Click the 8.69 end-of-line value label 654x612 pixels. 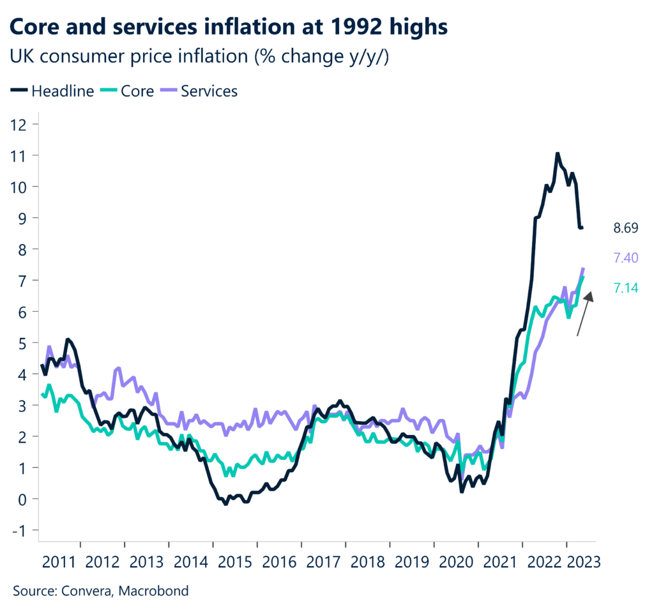[x=626, y=228]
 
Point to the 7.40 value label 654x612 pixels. [x=626, y=258]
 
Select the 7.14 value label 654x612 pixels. [x=626, y=288]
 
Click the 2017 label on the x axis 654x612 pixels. [x=324, y=562]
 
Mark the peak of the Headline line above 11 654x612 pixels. [x=557, y=153]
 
